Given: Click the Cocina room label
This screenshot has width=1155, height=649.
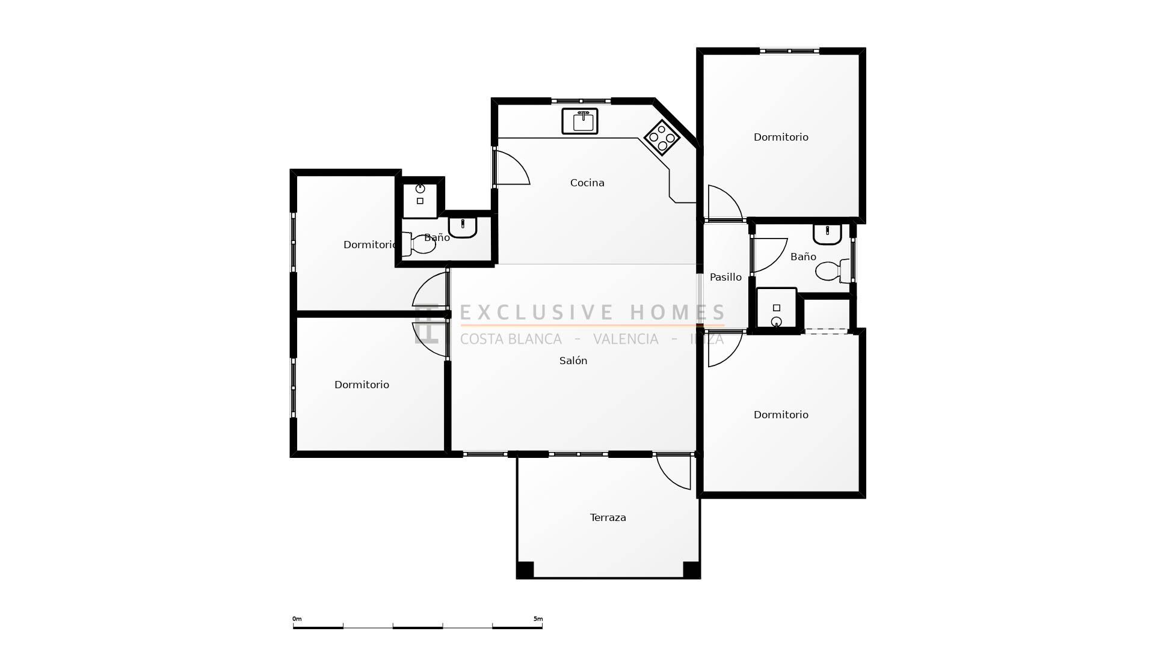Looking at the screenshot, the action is (587, 183).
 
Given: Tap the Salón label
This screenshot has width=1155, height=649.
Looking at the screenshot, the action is (573, 361).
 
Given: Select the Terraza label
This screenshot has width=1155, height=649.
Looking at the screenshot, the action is (608, 517).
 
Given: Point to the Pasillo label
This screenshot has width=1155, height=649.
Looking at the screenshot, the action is (725, 277).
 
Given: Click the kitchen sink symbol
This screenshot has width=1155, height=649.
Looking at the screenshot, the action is (580, 121).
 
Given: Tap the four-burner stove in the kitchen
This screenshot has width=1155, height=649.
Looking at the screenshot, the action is (662, 138).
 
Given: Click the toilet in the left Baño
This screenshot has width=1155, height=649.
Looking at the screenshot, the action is (419, 244).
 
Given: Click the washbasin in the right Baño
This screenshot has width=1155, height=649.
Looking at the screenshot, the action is (828, 234).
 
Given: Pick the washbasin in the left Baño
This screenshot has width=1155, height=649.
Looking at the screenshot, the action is (463, 227).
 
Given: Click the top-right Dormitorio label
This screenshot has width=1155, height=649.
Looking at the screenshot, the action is (781, 137).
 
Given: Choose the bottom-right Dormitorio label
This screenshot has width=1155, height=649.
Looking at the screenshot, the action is (781, 415).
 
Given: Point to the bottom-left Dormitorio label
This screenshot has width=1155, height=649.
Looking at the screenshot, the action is (362, 385).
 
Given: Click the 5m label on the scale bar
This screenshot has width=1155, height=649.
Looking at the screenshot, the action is (538, 619).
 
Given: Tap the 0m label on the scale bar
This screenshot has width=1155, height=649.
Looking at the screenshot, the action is (297, 619).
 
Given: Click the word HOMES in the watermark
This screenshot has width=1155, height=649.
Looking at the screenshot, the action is (677, 312).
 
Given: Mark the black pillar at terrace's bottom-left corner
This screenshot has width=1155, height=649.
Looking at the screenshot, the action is (525, 570).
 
